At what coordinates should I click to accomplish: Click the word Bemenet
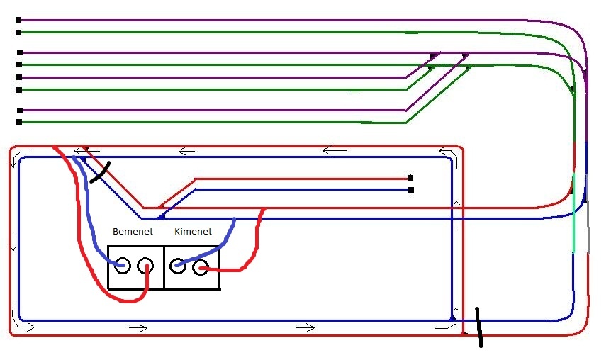133,232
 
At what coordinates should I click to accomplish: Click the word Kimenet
193,232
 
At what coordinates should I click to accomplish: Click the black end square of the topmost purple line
18,19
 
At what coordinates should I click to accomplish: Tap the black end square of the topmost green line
18,33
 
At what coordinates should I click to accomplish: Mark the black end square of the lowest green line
19,122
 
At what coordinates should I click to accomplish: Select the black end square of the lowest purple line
20,111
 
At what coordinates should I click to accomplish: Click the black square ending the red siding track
410,178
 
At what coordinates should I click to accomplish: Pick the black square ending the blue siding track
410,190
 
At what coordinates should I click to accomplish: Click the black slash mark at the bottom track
479,327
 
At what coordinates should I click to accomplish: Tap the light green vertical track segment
573,213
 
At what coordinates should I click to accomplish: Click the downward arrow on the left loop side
13,242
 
